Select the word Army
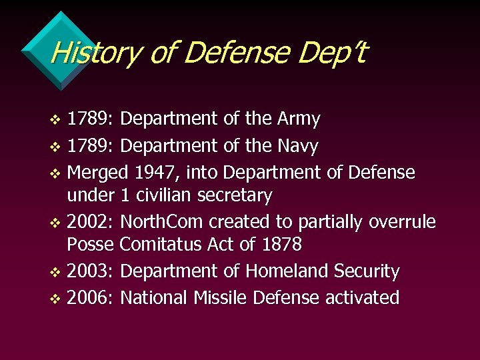(x=297, y=119)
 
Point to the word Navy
(x=296, y=145)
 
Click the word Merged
(x=98, y=173)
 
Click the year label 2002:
(x=91, y=222)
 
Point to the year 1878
(x=282, y=245)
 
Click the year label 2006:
(x=91, y=297)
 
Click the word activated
(x=362, y=297)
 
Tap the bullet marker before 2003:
(x=55, y=272)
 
